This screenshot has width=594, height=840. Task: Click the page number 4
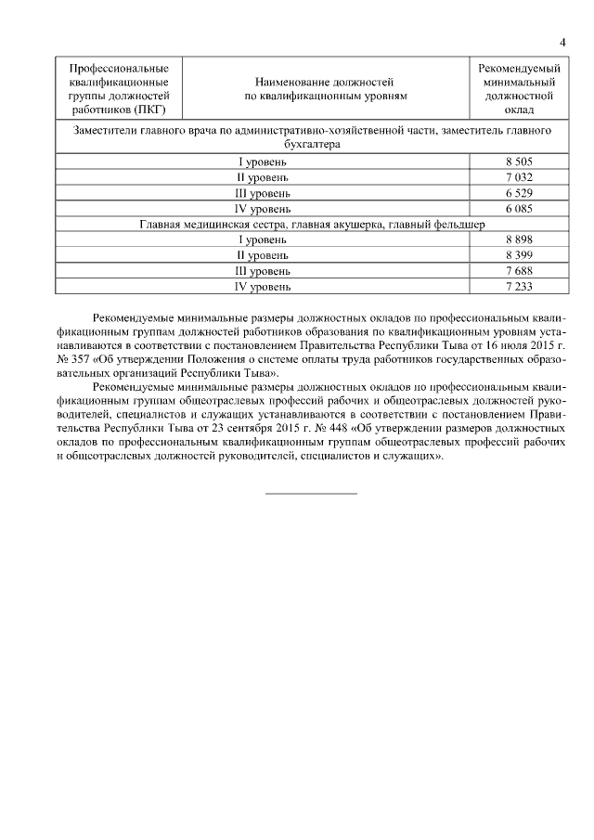(x=563, y=43)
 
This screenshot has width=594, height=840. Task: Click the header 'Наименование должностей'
(x=325, y=82)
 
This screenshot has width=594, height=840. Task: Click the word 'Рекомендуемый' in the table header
(x=519, y=69)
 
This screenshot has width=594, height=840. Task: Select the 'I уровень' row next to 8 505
(x=264, y=162)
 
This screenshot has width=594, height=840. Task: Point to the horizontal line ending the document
(x=311, y=493)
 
